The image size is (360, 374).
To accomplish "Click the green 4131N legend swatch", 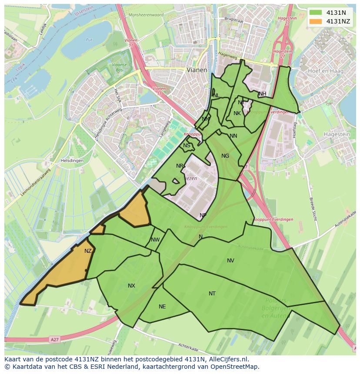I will point(317,13).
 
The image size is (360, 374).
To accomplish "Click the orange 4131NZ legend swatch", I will point(317,21).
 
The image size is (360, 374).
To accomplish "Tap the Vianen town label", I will point(197,69).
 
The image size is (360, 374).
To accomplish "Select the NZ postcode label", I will point(88,251).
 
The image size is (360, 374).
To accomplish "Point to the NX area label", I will point(131,286).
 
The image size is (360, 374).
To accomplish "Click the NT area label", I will point(212,294).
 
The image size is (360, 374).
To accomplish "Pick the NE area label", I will point(162,307).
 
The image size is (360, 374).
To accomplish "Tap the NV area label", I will point(230,261).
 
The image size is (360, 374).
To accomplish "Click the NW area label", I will point(155,240).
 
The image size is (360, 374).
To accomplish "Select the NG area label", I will point(225,156).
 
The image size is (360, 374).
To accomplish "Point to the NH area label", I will point(262,94).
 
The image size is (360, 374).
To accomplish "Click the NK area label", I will point(237,113).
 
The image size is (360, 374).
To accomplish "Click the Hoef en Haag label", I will point(325,71).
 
